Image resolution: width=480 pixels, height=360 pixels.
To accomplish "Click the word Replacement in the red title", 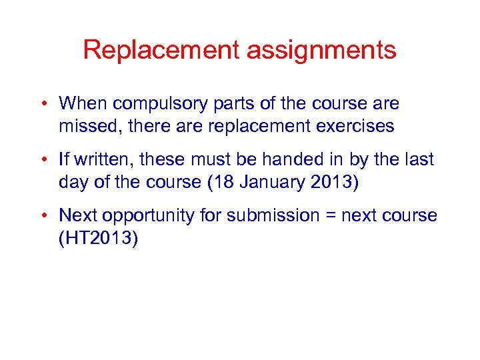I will click(x=161, y=50).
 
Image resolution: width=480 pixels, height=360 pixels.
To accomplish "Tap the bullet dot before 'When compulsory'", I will click(x=42, y=104).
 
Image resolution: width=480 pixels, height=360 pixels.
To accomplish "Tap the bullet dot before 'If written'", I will click(x=42, y=160).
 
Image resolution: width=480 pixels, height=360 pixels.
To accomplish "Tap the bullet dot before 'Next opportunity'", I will click(x=42, y=216).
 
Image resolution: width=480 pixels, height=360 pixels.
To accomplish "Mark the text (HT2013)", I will click(x=99, y=238).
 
